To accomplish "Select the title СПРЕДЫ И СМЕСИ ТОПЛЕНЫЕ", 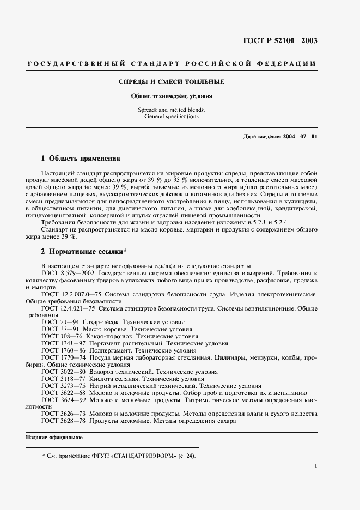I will pyautogui.click(x=172, y=82).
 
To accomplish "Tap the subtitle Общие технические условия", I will pyautogui.click(x=172, y=95).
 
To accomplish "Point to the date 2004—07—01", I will pyautogui.click(x=298, y=136).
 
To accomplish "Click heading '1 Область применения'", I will pyautogui.click(x=81, y=159).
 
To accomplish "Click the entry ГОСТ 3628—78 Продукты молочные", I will pyautogui.click(x=138, y=421).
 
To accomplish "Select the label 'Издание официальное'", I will pyautogui.click(x=54, y=438).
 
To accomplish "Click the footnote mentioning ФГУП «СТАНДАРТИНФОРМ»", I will pyautogui.click(x=118, y=456).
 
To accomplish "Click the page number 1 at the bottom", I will pyautogui.click(x=316, y=466).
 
